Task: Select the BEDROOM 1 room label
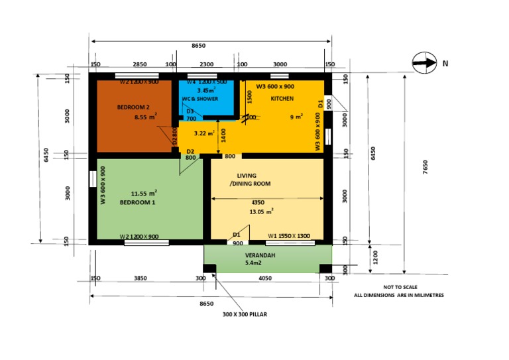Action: point(137,202)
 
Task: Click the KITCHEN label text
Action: point(282,99)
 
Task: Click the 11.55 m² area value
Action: point(144,192)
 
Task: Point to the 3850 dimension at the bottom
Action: point(140,279)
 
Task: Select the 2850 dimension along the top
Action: point(140,64)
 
